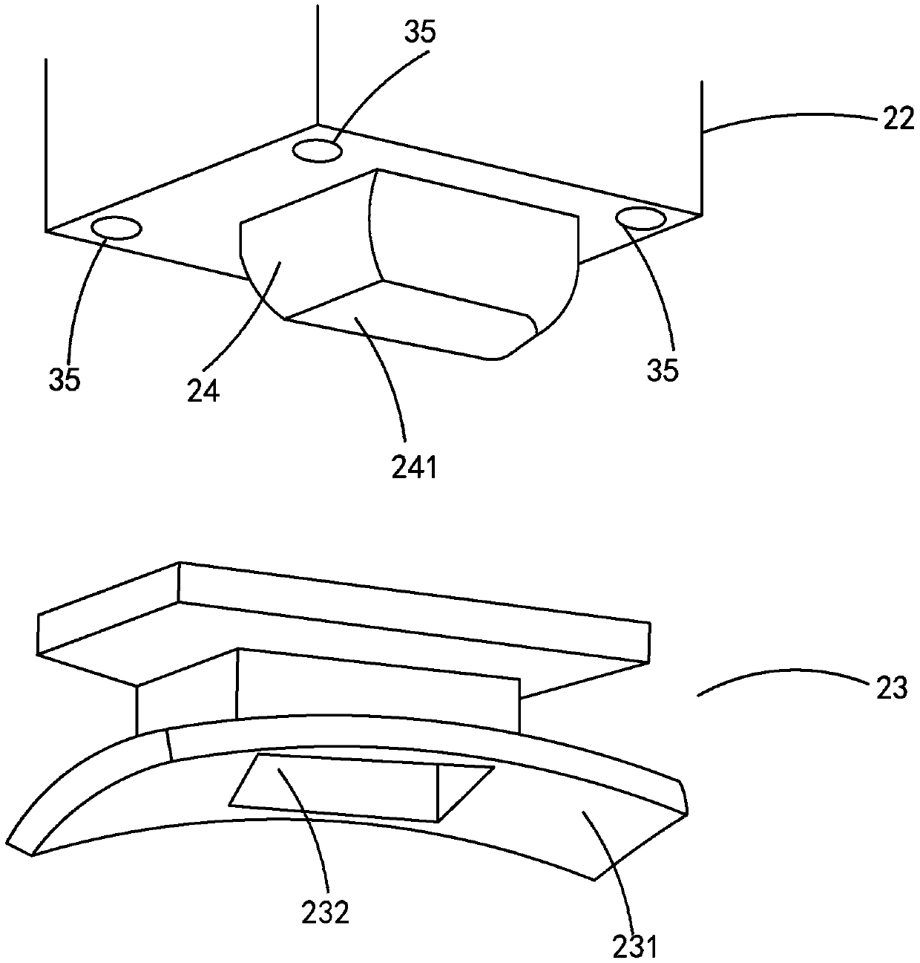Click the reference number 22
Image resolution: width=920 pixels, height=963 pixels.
coord(898,119)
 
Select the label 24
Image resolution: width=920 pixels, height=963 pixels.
coord(203,391)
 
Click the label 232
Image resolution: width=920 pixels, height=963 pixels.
coord(325,911)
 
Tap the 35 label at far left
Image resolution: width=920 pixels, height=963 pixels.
coord(65,380)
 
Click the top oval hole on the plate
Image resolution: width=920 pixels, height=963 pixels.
coord(317,151)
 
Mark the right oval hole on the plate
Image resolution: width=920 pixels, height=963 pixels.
coord(641,218)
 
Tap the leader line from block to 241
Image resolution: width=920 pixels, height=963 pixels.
coord(386,371)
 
